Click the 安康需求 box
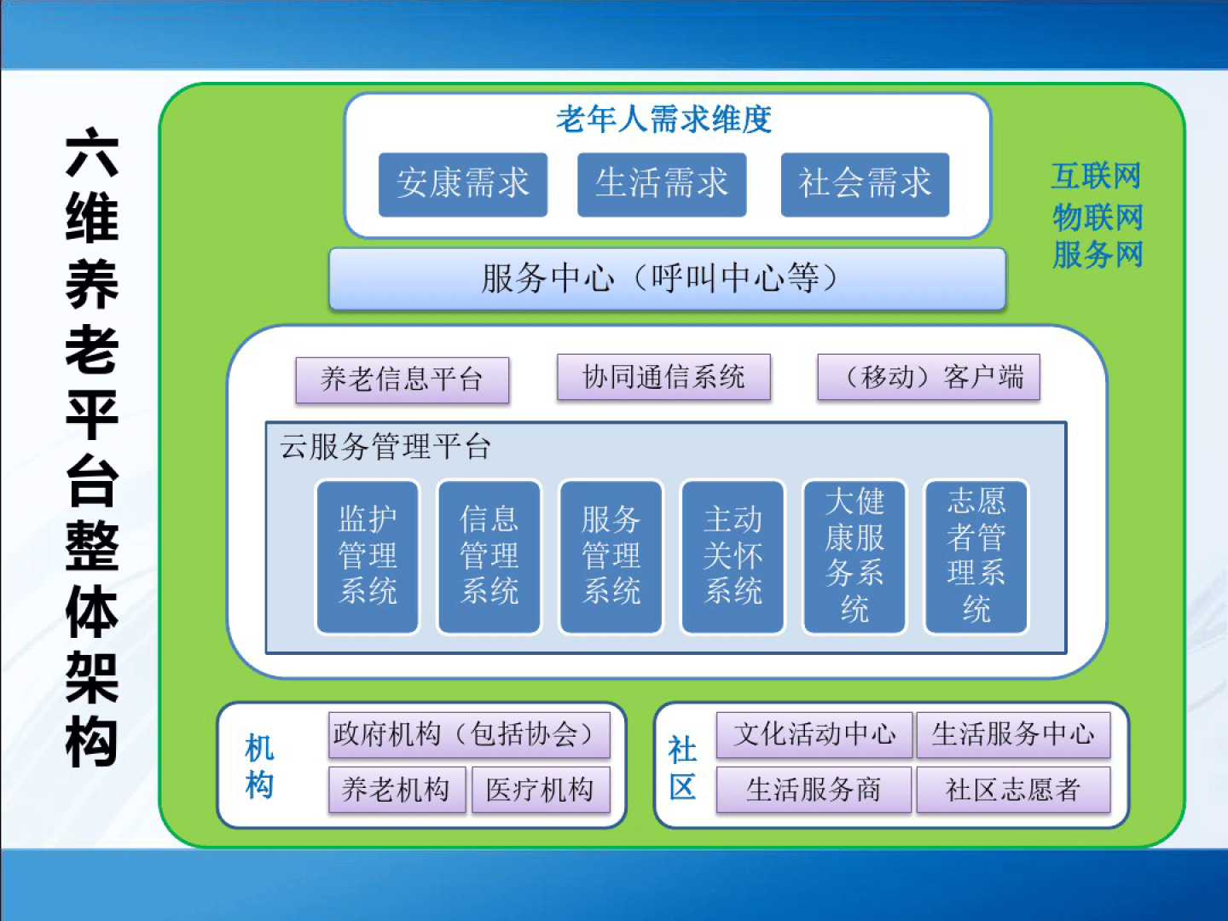[463, 184]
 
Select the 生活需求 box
[662, 184]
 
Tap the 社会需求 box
[865, 184]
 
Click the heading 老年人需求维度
[664, 119]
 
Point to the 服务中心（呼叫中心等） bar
[668, 279]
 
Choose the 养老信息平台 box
[403, 379]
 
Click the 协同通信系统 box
[663, 377]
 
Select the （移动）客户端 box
[929, 377]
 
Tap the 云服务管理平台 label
[385, 447]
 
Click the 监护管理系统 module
[368, 556]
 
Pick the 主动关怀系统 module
[733, 556]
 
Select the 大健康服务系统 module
[854, 556]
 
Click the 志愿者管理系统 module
[976, 556]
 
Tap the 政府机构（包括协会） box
[469, 735]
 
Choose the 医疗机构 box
[541, 790]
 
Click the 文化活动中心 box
[814, 735]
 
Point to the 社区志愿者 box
[1013, 790]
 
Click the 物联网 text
[1098, 217]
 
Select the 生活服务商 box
[814, 790]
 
